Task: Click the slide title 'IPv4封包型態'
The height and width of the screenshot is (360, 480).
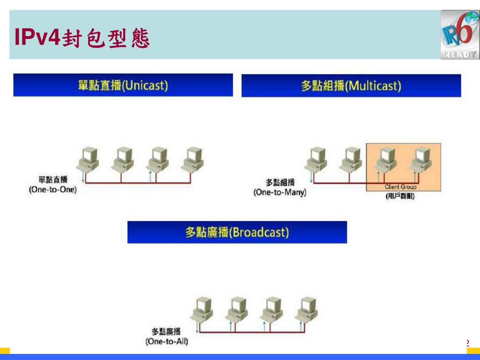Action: pos(82,37)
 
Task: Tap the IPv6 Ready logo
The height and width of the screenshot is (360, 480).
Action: pos(459,35)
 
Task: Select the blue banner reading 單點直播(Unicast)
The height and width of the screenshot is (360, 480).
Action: pos(123,85)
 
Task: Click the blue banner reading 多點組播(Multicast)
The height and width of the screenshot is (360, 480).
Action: pos(351,86)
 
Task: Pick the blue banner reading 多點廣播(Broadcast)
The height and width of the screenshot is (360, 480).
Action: pos(237,232)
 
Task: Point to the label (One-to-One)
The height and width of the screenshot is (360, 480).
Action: pos(52,190)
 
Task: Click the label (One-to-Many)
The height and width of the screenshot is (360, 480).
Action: pos(280,193)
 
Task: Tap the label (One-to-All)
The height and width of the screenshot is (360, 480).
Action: pos(167,341)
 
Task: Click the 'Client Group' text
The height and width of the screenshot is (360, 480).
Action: pos(400,187)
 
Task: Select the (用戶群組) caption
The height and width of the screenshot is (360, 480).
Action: pos(400,196)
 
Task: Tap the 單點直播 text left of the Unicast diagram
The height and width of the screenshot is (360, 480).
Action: pos(52,180)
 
